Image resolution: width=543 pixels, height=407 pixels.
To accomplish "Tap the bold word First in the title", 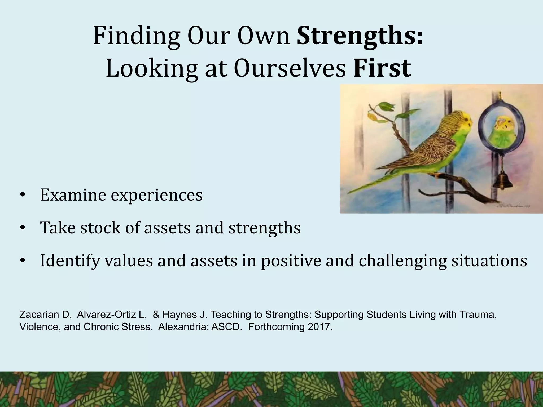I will (x=382, y=68).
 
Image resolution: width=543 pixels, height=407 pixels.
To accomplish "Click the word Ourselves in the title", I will (x=290, y=68).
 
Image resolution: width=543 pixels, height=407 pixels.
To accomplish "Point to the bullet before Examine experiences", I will (x=23, y=196).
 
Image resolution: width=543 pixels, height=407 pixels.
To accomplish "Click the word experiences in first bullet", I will (x=156, y=196).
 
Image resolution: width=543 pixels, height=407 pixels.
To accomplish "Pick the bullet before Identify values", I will (x=23, y=261).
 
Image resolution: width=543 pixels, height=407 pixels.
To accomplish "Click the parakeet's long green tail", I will (x=371, y=185).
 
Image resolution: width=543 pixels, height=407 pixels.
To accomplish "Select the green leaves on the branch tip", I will (x=384, y=107).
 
